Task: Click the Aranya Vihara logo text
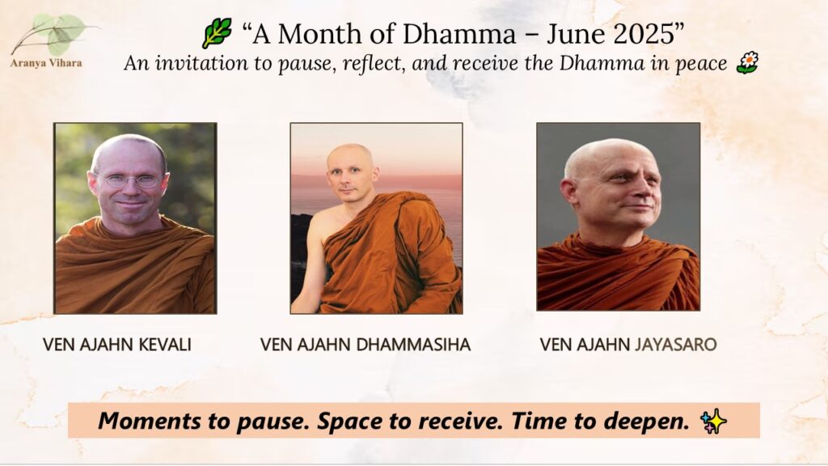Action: (46, 63)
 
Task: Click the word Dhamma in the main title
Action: (459, 34)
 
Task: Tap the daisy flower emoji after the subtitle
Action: (747, 63)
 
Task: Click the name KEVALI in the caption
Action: (165, 345)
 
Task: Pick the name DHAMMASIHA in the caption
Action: (413, 345)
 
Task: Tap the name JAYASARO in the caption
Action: (675, 345)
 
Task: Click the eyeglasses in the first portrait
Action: (131, 180)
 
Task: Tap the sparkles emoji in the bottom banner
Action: (713, 422)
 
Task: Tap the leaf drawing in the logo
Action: (56, 32)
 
